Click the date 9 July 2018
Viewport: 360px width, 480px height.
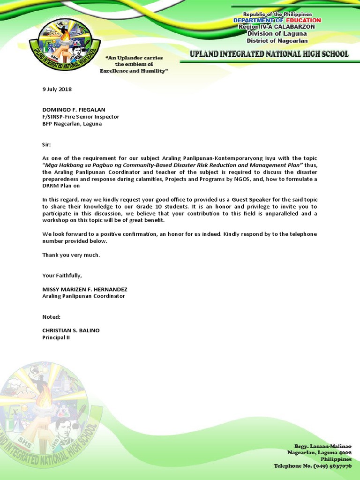tap(57, 89)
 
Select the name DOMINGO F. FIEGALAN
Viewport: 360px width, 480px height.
tap(74, 110)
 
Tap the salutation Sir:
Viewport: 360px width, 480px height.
tap(46, 145)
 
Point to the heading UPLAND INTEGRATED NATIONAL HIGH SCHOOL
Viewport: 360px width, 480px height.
tap(269, 54)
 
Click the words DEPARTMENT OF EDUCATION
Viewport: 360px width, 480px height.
tap(277, 20)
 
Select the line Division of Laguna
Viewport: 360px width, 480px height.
tap(277, 33)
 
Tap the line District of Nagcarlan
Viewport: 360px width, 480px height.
tap(277, 40)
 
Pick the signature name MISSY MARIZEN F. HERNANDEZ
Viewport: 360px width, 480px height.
tap(85, 289)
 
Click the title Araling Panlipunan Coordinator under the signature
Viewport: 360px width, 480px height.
tap(84, 296)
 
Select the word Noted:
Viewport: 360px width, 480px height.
tap(51, 317)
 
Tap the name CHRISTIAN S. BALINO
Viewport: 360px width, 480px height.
tap(71, 330)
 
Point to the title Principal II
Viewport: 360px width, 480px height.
tap(56, 337)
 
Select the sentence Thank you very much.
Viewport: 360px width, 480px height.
tap(71, 255)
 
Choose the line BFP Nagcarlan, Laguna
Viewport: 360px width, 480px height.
tap(72, 124)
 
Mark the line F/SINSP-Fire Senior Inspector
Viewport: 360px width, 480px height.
tap(81, 117)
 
